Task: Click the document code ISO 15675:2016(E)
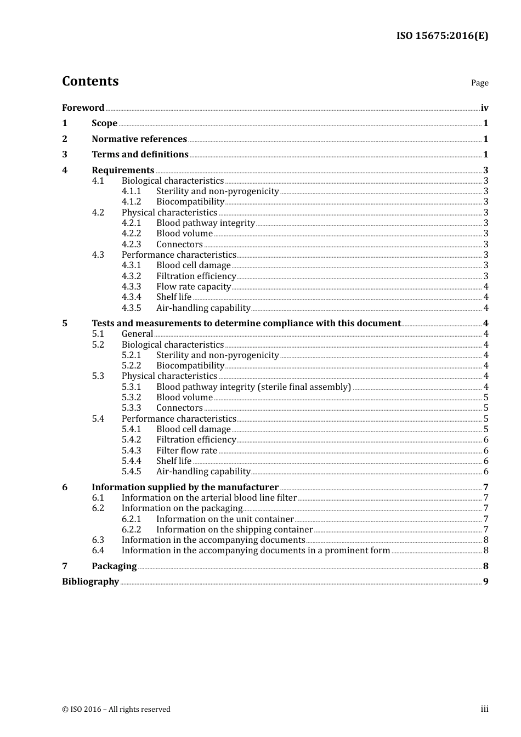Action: coord(442,36)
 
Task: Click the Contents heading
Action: coord(90,81)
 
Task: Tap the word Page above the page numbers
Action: coord(479,83)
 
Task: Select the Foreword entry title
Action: coord(83,107)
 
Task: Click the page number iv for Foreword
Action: coord(484,108)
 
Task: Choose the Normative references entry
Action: coord(139,139)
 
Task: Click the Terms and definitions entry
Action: coord(140,154)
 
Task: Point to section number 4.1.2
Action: coord(131,202)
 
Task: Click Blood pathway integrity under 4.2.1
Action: coord(205,223)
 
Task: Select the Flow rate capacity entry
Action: coord(193,286)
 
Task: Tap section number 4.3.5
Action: coord(131,308)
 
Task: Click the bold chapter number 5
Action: coord(65,323)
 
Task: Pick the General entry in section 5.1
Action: coord(137,333)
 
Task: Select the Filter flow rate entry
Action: coord(186,450)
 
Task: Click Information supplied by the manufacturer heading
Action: coord(185,487)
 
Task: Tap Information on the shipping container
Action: coord(234,529)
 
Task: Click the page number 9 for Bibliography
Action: coord(485,581)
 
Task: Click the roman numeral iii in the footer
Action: coord(484,709)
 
